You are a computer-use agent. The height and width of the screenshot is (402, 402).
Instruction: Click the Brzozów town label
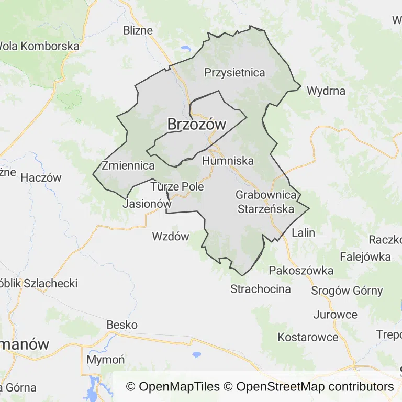click(x=196, y=125)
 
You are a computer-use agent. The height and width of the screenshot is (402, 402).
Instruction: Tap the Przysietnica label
click(x=234, y=73)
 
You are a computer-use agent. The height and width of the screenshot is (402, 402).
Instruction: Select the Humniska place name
click(x=228, y=161)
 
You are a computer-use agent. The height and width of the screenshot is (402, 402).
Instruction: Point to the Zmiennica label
click(x=128, y=166)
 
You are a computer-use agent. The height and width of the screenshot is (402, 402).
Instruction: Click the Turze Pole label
click(x=177, y=186)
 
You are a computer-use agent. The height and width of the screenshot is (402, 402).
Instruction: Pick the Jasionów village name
click(x=147, y=204)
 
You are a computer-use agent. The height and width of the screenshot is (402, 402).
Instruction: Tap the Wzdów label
click(x=170, y=236)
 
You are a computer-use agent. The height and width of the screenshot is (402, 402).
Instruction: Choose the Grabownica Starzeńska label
click(x=266, y=202)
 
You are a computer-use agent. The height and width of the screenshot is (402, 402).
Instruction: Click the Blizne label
click(x=138, y=30)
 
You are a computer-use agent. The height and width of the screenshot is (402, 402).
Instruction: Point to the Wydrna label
click(x=326, y=91)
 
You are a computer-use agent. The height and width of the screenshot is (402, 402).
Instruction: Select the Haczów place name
click(x=41, y=177)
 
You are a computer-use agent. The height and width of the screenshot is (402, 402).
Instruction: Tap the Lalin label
click(x=303, y=232)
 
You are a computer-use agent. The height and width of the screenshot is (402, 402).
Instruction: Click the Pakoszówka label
click(x=301, y=271)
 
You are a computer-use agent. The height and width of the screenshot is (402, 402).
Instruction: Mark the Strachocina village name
click(x=260, y=289)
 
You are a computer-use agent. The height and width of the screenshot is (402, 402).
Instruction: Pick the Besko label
click(x=122, y=325)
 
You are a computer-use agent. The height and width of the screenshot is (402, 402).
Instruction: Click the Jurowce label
click(x=335, y=315)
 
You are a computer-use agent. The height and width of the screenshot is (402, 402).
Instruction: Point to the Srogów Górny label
click(x=347, y=291)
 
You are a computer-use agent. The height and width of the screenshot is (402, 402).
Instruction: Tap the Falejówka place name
click(x=365, y=256)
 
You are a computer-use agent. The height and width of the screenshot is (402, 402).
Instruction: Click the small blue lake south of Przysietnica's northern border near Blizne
click(x=186, y=49)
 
